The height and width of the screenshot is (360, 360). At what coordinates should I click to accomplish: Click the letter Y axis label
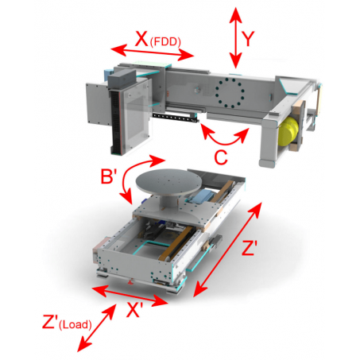pos(248,39)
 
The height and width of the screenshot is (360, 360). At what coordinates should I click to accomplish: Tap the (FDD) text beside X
pos(165,42)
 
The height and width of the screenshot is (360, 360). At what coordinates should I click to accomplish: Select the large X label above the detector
pos(141,39)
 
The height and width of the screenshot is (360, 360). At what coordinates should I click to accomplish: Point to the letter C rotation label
pos(221,157)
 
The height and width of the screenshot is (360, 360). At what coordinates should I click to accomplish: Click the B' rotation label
pos(109,176)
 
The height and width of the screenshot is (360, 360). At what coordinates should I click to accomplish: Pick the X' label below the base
pos(135,309)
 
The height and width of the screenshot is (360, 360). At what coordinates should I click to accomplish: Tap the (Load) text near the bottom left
pos(75,324)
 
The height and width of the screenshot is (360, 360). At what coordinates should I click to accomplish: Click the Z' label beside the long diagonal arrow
pos(250,248)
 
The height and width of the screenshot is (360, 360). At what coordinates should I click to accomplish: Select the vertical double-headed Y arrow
pos(235,38)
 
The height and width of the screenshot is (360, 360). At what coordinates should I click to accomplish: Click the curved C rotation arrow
pos(225,143)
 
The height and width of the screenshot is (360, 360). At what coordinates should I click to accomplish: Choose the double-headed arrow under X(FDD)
pos(153,52)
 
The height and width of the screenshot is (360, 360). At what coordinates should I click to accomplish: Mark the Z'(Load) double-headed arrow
pos(97,327)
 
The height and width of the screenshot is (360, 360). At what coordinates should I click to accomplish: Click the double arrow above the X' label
pos(130,296)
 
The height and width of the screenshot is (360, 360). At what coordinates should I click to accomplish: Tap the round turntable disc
pos(168,182)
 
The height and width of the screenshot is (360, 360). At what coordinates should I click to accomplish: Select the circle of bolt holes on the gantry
pos(230,93)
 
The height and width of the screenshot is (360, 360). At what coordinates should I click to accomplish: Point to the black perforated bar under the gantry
pos(176,118)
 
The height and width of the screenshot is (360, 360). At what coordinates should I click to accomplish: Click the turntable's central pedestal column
pos(168,200)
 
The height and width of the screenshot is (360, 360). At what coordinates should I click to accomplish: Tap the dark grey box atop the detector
pos(122,79)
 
